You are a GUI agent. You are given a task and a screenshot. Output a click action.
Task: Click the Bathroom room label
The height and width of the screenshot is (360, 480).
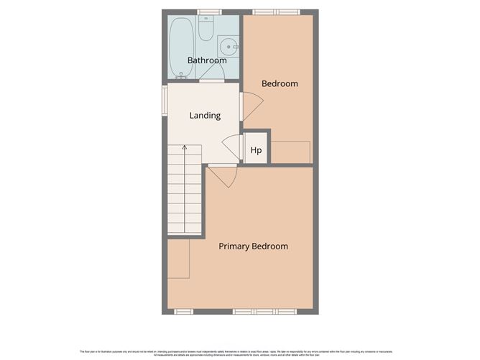pos(207,60)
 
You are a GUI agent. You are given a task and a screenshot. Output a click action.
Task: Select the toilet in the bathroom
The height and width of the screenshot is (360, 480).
pos(206,29)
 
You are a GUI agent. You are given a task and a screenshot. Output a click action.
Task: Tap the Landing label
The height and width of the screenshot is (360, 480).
pos(205,115)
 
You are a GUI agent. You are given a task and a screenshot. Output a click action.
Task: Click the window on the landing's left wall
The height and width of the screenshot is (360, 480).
pos(165,100)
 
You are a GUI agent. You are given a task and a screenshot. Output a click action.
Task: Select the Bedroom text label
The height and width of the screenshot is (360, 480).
pos(280,83)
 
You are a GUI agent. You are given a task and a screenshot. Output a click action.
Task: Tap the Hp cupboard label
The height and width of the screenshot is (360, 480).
pos(256,151)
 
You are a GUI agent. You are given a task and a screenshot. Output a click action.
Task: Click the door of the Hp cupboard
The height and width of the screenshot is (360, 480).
pos(232,147)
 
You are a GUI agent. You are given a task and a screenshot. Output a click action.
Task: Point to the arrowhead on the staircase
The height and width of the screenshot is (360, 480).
pos(185,148)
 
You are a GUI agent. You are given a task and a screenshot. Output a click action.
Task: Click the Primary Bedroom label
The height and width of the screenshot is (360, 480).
pos(253,246)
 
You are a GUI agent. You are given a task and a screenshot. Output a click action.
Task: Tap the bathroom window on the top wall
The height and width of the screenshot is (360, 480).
pos(209,12)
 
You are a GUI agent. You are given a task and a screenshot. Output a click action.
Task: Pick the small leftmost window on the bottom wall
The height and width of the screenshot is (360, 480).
pos(185,311)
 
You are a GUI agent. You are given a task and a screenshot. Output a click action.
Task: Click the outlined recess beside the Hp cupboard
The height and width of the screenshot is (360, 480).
pos(290,152)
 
